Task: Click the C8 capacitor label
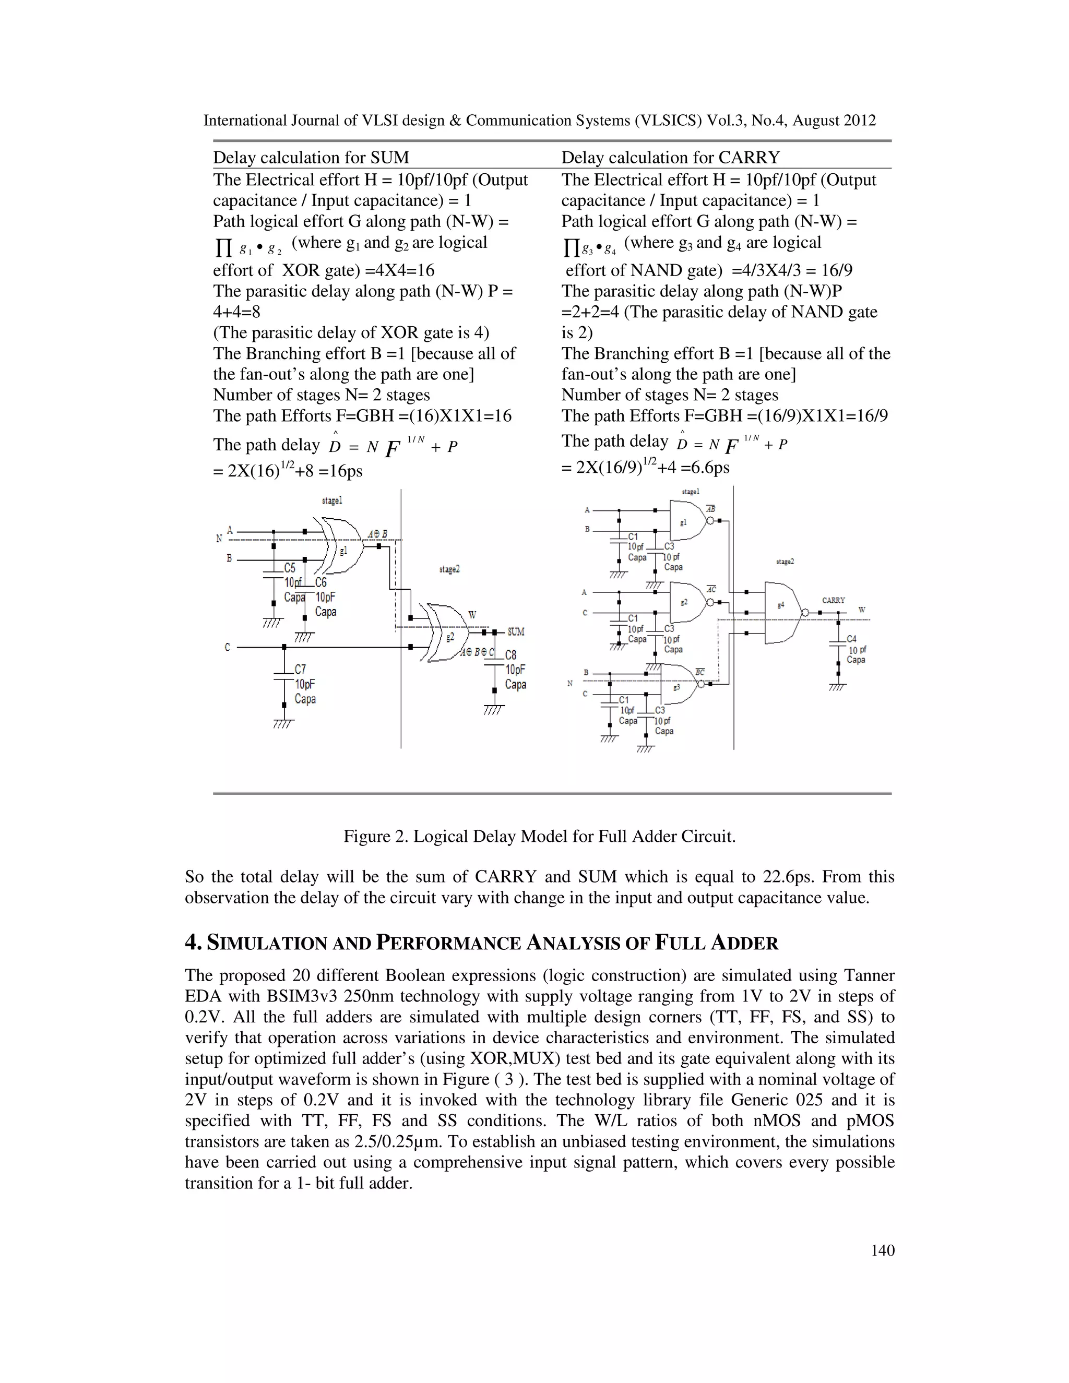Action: point(510,655)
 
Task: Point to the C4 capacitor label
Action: point(851,639)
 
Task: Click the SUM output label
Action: point(516,631)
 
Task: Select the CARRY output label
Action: point(834,600)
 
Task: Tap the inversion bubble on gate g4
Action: point(804,613)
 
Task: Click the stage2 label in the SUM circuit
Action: point(449,569)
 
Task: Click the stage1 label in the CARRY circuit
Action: point(690,492)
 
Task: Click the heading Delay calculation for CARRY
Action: point(670,157)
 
